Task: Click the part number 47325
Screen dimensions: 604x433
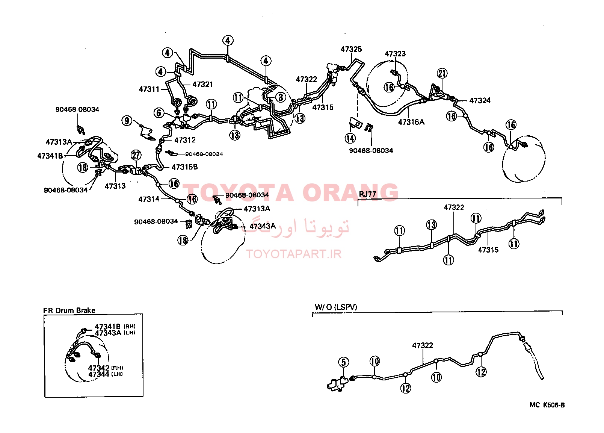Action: coord(351,49)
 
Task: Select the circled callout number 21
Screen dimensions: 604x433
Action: coord(442,73)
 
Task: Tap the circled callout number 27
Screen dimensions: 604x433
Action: coord(136,155)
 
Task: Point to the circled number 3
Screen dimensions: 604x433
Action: coord(281,97)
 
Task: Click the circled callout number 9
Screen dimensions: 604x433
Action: coord(127,120)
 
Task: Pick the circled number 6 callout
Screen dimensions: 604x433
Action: coord(159,113)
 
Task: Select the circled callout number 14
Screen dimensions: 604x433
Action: coord(350,138)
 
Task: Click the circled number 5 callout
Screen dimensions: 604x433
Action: coord(344,362)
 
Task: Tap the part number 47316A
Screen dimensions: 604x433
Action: coord(411,122)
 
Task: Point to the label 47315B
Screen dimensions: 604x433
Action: coord(185,167)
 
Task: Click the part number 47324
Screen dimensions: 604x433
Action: coord(480,101)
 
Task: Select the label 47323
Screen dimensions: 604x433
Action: coord(395,54)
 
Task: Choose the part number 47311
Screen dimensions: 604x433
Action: coord(149,89)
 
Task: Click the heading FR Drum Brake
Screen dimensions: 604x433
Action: coord(69,310)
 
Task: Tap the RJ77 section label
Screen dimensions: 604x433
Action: coord(367,195)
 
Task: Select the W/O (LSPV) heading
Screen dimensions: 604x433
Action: coord(336,307)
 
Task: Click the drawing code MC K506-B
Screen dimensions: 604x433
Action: coord(547,405)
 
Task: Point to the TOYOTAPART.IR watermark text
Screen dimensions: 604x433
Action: coord(294,254)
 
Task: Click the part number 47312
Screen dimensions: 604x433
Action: coord(185,140)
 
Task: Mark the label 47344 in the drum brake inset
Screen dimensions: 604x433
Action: coord(99,374)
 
